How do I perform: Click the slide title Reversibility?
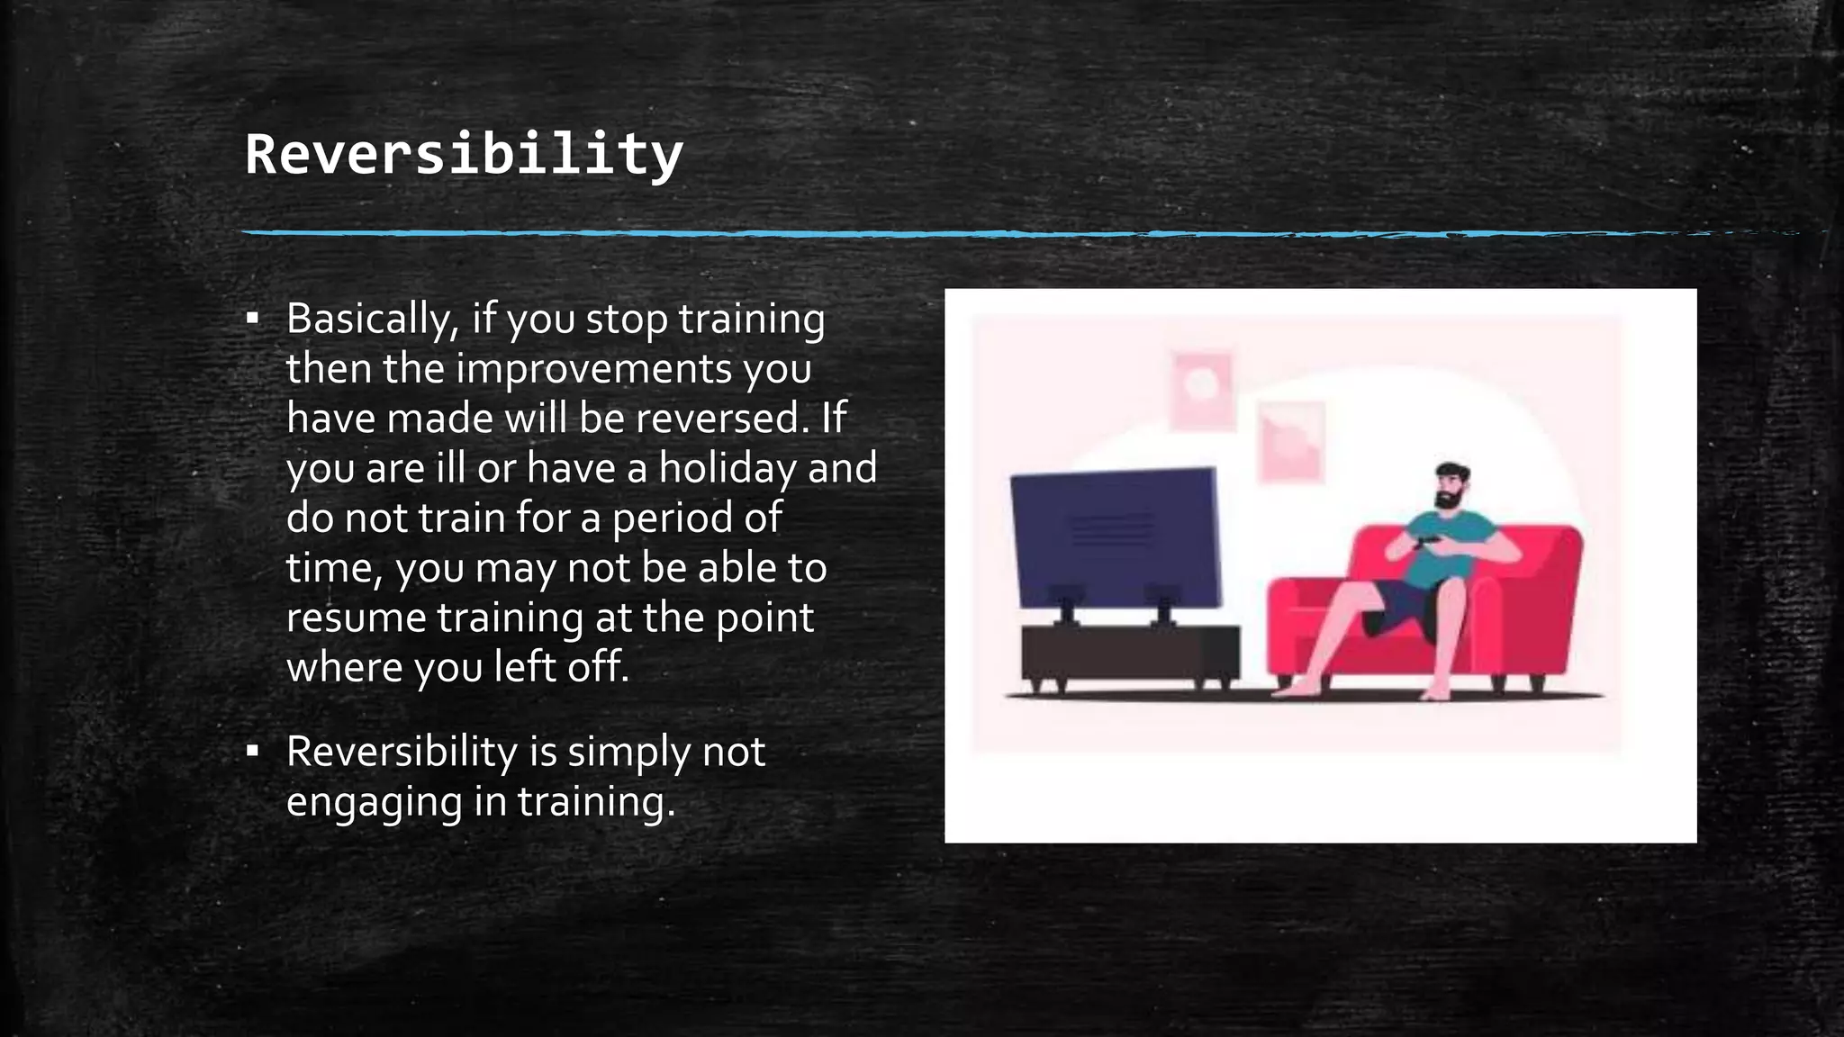click(464, 155)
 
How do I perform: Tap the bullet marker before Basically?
click(253, 319)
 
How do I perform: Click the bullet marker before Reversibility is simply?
click(253, 751)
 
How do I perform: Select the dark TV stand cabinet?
click(1129, 653)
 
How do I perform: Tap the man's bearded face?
click(1450, 489)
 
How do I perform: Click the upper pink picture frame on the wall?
click(1201, 389)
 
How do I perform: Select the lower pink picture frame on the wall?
click(1290, 441)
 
